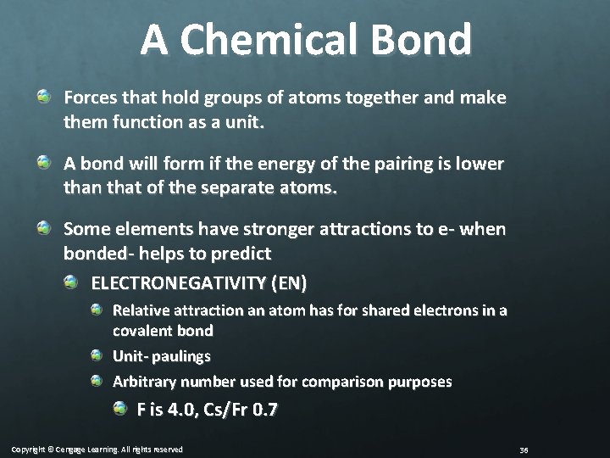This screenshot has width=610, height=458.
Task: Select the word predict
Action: [x=241, y=253]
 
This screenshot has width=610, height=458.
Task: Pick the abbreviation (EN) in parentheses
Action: [x=289, y=281]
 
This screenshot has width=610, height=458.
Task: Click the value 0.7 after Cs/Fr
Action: [x=266, y=411]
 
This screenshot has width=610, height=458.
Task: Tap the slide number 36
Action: [x=523, y=449]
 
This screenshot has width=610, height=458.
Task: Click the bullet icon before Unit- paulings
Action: [x=97, y=355]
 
